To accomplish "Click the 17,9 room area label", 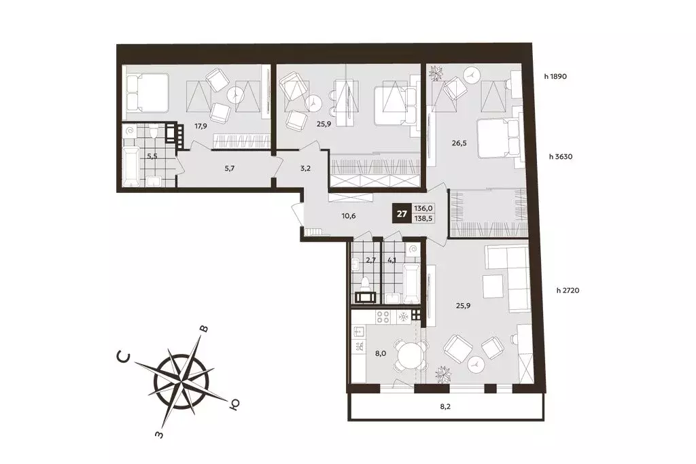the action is click(x=201, y=126).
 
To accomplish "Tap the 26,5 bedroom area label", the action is click(x=459, y=143).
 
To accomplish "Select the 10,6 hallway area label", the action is click(x=349, y=217).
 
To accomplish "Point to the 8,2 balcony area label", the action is click(x=445, y=406).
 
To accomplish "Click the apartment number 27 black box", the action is click(x=402, y=214).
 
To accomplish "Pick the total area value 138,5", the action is click(x=423, y=218).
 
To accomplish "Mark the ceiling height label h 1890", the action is click(x=555, y=76).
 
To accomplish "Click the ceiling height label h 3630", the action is click(x=561, y=156).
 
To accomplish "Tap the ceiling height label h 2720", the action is click(x=568, y=291).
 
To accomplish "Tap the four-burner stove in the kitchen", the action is click(x=383, y=317).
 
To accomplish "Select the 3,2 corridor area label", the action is click(x=305, y=168).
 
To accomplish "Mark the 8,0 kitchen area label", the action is click(x=381, y=354).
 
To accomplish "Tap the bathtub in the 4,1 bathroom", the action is click(x=411, y=283).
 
